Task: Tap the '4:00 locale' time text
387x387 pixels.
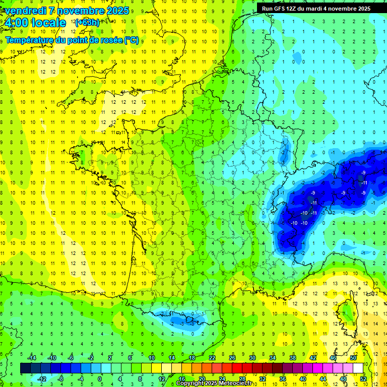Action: click(35, 23)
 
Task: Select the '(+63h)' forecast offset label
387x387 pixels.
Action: click(87, 22)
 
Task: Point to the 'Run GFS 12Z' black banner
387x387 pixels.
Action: click(316, 8)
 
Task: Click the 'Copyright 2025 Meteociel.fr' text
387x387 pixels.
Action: click(214, 383)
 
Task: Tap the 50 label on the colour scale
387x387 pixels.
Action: click(353, 358)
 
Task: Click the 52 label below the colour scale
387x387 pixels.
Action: click(363, 379)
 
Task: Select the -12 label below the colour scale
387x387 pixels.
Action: click(41, 379)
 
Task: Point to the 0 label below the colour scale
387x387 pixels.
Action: click(100, 379)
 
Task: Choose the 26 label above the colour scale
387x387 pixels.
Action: click(232, 358)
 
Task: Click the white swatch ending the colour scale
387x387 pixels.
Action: click(358, 368)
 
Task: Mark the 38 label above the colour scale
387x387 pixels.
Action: click(293, 358)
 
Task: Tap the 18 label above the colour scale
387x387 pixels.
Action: click(192, 358)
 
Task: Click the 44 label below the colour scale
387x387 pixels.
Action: click(323, 379)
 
